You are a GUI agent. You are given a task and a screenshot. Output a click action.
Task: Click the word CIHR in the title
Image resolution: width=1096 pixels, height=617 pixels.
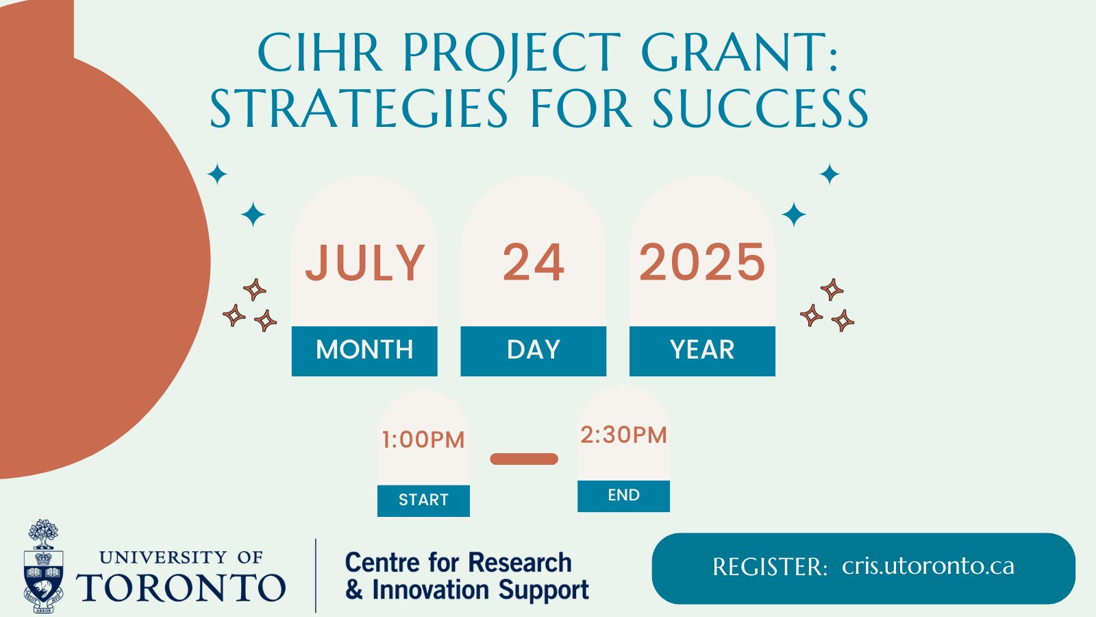(319, 52)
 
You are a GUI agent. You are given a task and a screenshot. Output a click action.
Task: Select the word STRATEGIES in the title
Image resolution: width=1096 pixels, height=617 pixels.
(360, 109)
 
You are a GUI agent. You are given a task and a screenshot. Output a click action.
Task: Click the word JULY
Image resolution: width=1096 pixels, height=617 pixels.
(364, 263)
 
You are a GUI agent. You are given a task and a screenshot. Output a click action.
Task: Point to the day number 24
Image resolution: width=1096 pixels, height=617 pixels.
(534, 263)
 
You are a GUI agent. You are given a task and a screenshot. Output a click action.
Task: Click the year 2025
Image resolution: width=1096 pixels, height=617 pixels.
(702, 263)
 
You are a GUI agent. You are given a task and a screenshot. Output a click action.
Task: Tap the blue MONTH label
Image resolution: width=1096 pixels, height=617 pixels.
(364, 350)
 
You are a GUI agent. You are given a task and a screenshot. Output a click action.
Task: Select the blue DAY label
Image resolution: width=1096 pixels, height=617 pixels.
(534, 350)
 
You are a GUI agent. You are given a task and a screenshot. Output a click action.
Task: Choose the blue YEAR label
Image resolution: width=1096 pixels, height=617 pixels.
(702, 350)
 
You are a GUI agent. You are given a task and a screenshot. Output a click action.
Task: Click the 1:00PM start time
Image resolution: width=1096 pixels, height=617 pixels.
(423, 439)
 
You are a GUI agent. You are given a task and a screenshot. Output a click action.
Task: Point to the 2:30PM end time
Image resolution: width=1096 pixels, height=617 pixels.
(624, 435)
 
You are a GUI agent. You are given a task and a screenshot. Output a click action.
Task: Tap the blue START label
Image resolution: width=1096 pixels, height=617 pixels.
(423, 500)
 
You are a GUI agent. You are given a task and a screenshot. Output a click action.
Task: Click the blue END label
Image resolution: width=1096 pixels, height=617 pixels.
(624, 496)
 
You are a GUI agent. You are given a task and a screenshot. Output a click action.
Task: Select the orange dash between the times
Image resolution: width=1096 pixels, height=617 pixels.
(524, 459)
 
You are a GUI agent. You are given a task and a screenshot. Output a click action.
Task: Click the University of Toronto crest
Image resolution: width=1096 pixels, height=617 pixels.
(43, 566)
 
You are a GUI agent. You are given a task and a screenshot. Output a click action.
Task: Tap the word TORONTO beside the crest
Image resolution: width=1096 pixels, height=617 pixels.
(181, 588)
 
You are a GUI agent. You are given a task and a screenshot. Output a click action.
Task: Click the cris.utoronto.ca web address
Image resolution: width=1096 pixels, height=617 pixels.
(928, 566)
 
